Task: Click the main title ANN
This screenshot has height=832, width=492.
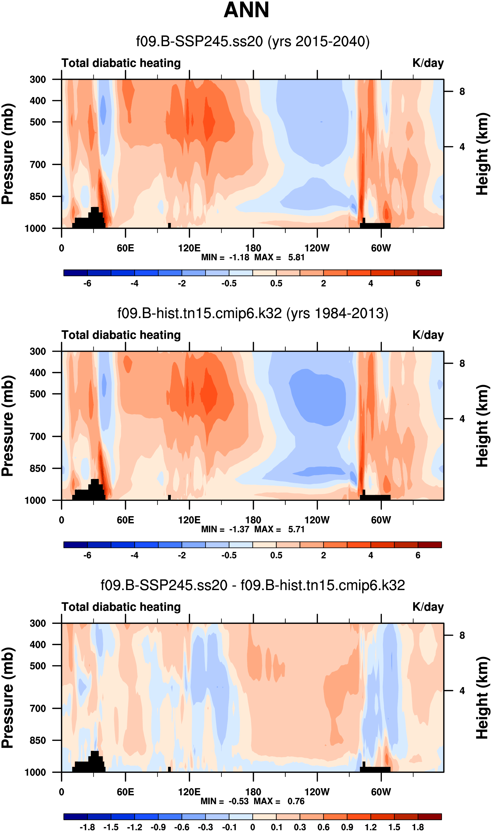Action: click(246, 10)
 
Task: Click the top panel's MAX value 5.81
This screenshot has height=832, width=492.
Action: click(296, 257)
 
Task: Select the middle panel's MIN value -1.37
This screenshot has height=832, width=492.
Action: click(239, 529)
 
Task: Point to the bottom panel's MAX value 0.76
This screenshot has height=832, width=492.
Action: click(296, 801)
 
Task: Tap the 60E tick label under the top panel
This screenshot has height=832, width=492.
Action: click(125, 248)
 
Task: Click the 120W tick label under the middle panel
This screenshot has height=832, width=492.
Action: click(317, 520)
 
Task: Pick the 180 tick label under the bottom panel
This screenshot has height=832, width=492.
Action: click(253, 792)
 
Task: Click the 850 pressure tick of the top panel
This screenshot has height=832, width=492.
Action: click(38, 196)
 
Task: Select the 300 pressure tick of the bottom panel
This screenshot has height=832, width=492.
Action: click(38, 623)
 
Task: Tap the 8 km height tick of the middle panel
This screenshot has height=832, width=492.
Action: click(462, 364)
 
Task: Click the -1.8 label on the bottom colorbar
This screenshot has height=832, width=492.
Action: click(87, 827)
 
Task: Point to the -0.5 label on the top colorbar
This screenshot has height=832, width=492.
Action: click(229, 283)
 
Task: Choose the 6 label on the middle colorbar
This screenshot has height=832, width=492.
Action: click(418, 555)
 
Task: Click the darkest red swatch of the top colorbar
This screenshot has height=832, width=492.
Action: click(430, 273)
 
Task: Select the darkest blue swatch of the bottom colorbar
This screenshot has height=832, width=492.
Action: click(75, 817)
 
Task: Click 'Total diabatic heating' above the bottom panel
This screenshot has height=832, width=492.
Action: click(121, 607)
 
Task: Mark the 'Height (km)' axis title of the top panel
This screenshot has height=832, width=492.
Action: click(483, 154)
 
